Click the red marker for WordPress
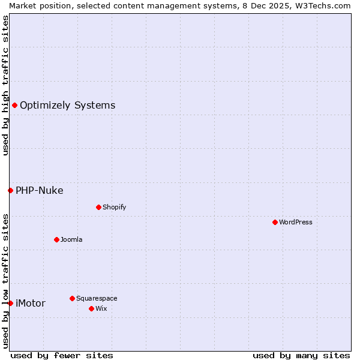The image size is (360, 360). tap(275, 222)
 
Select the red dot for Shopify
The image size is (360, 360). tap(98, 207)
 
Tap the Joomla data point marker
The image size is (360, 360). tap(56, 239)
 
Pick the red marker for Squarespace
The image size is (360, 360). tap(72, 298)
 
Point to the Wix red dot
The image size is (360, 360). tap(91, 308)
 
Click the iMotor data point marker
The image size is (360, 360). tap(10, 303)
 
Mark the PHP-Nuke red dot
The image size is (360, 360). tap(10, 190)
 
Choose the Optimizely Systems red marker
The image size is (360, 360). tap(14, 106)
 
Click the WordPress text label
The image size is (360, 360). tap(296, 222)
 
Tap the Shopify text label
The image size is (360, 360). tap(114, 207)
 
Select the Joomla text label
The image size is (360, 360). tap(71, 239)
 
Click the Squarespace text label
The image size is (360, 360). tap(97, 298)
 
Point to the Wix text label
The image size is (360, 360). tap(101, 308)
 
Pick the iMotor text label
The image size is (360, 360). tap(30, 303)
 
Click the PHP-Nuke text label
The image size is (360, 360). tap(39, 190)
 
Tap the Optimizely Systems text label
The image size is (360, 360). tap(67, 106)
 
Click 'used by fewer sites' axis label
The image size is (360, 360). tap(62, 355)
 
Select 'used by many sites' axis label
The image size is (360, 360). tap(301, 355)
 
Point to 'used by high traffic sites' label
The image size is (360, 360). tap(5, 85)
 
